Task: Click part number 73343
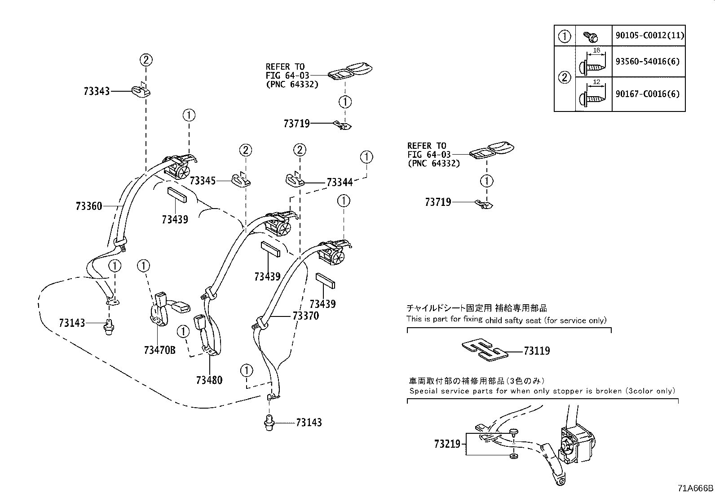96,91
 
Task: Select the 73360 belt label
89,206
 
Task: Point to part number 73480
209,380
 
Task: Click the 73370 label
305,316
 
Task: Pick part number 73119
536,351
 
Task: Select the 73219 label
447,444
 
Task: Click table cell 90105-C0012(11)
649,36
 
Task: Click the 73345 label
203,181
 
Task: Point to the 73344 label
340,182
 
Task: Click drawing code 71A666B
696,488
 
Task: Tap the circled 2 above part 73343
146,59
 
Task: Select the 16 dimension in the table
596,50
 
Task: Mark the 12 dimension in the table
596,82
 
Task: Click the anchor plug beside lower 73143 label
269,423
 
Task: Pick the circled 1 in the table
565,36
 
